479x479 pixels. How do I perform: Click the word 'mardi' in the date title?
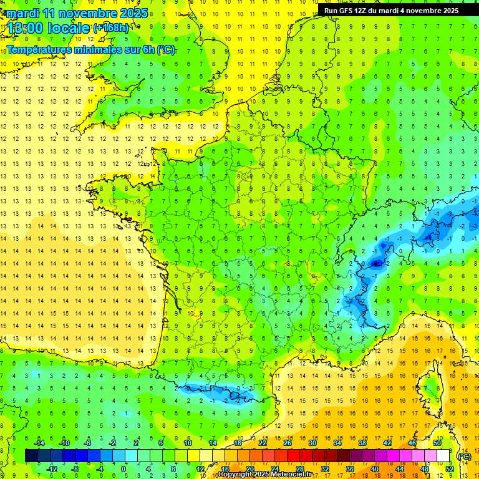coord(20,12)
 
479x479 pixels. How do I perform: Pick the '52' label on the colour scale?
coord(450,469)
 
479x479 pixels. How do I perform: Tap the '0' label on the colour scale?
coord(124,469)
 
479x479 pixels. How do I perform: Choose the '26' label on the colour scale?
coord(288,442)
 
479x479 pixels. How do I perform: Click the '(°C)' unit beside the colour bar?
coord(464,456)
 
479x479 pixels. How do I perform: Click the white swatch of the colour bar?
coord(443,456)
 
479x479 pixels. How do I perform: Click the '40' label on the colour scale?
coord(375,469)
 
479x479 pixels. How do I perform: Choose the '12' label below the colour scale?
coord(200,469)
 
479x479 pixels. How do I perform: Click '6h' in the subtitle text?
coord(148,50)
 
